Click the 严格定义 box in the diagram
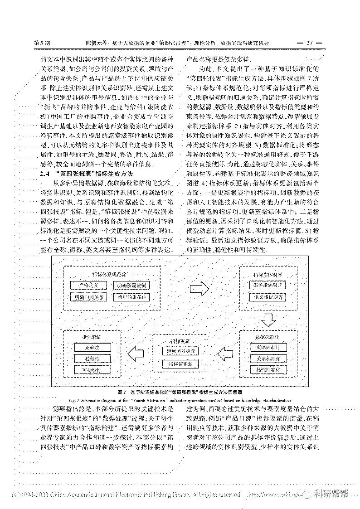(x=88, y=285)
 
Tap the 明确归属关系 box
(x=88, y=297)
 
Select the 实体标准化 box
(x=268, y=347)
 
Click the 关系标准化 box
(x=268, y=359)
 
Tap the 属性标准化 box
(x=268, y=370)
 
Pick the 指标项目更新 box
(x=180, y=351)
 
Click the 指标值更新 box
(x=180, y=364)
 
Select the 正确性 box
(x=92, y=347)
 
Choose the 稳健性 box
(x=92, y=359)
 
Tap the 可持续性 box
(x=92, y=370)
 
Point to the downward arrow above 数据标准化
(x=268, y=320)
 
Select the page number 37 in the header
(x=310, y=43)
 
